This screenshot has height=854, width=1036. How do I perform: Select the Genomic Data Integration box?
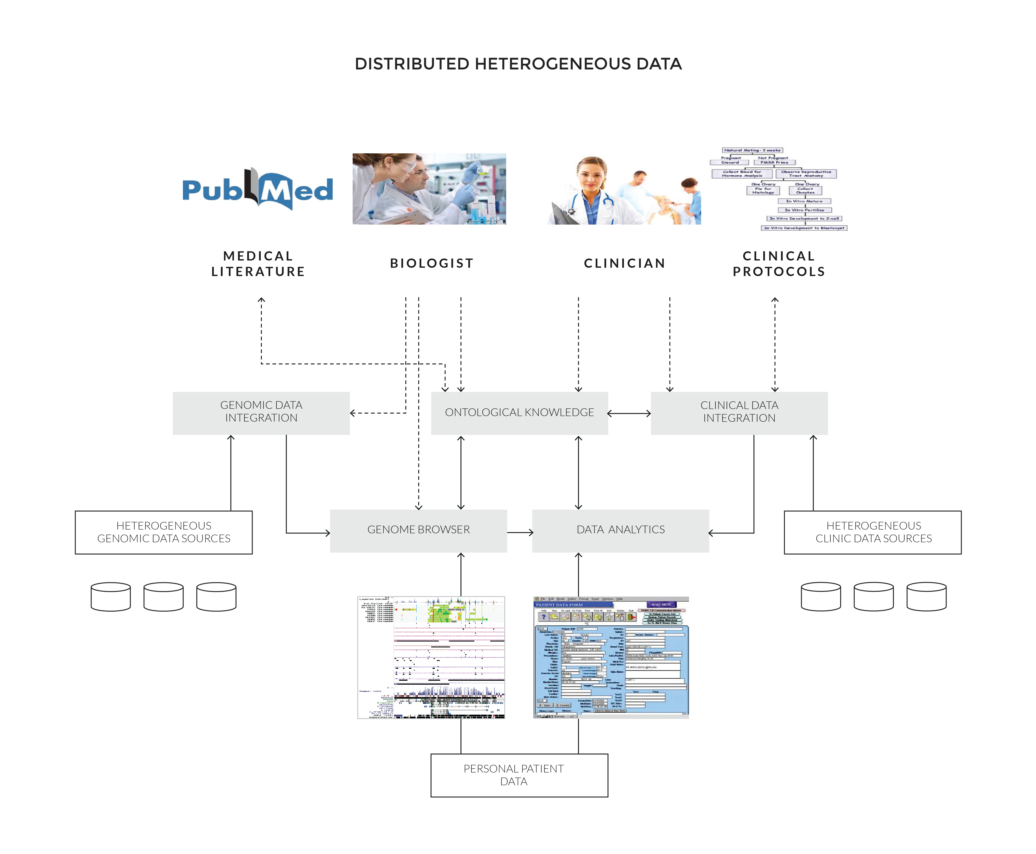coord(261,412)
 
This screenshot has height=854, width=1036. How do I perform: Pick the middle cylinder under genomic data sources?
coord(163,597)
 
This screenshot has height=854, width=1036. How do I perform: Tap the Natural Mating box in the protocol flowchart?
coord(752,150)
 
